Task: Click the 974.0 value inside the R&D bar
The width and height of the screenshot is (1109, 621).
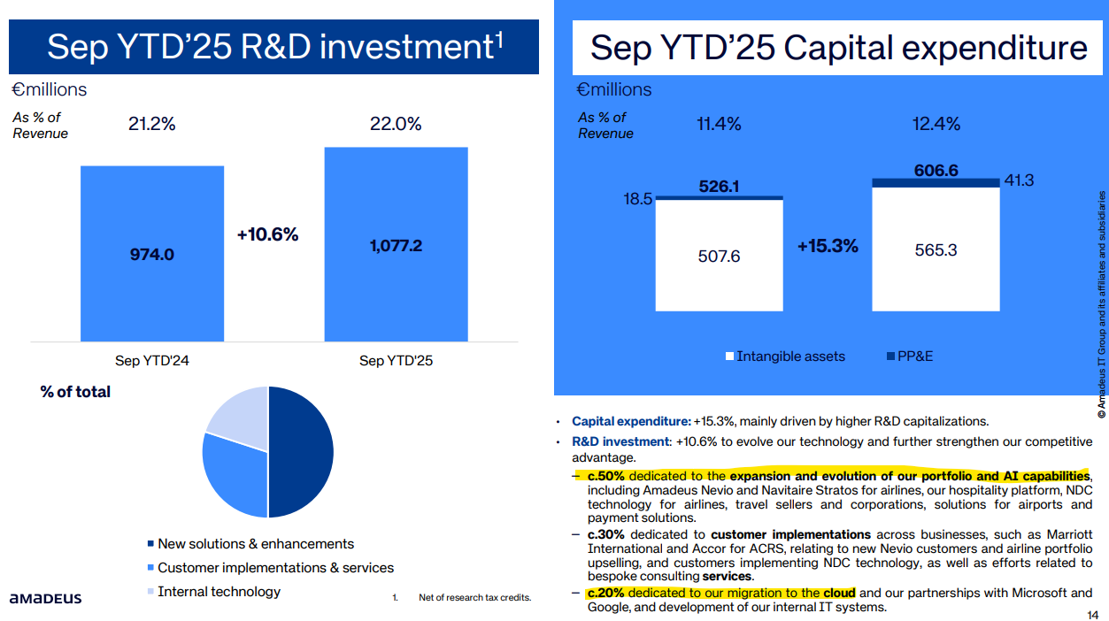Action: (152, 255)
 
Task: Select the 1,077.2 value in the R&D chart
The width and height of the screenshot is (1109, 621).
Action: (396, 246)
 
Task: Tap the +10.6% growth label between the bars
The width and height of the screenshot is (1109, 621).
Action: (267, 234)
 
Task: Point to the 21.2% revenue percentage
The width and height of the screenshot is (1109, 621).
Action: (152, 125)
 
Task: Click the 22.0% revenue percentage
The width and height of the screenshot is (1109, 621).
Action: (396, 125)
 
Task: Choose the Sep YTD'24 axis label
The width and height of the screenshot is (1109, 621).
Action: (152, 361)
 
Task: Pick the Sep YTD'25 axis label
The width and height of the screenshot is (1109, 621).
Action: (396, 361)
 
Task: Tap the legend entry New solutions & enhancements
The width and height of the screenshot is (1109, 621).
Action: (255, 544)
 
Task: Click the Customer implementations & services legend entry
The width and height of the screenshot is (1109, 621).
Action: (275, 568)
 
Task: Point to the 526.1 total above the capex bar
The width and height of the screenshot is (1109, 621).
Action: (719, 187)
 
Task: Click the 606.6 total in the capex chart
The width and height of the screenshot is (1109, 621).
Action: (936, 171)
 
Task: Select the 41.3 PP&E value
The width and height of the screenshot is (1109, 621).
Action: (1020, 180)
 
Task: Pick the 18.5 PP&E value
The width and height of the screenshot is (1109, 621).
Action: (637, 199)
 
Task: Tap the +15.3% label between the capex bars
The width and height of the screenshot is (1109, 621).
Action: (828, 246)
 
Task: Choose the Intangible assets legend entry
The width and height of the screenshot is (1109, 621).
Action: (790, 356)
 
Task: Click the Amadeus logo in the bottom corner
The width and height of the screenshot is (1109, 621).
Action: (45, 599)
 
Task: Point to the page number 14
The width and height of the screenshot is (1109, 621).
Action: (1091, 615)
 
